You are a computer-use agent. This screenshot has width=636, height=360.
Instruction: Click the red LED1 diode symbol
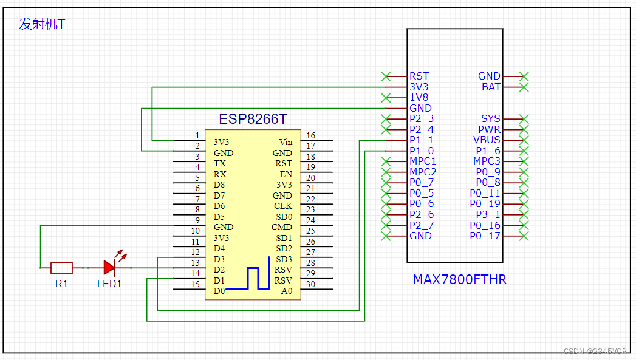coord(110,267)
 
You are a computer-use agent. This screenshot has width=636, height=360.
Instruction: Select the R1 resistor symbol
coord(61,267)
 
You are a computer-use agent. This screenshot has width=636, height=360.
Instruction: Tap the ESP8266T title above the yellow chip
coord(253,119)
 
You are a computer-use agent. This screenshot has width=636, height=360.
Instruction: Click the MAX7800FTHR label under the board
coord(459,280)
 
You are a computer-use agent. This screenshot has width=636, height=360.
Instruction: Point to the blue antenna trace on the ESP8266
coord(258,277)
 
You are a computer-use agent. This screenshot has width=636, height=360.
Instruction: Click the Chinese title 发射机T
coord(42,24)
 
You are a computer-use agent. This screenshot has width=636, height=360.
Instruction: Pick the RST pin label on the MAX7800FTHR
coord(419,76)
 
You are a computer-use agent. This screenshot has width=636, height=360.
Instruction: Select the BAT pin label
coord(491,87)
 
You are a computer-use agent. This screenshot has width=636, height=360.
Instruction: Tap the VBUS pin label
coord(487,140)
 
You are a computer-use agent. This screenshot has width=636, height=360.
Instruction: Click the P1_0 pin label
coord(422,151)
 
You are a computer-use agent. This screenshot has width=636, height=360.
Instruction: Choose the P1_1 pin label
coord(422,140)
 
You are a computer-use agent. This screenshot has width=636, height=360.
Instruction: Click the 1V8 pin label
coord(420,97)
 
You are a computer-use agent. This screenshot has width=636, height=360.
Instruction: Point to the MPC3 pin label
coord(487,161)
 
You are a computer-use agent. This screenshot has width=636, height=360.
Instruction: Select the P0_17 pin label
coord(485,236)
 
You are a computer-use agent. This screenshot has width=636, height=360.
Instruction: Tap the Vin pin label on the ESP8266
coord(285,142)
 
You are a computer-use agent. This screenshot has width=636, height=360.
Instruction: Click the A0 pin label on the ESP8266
coord(286,291)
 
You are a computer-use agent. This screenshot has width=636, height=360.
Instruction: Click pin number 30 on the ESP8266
coord(310,284)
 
